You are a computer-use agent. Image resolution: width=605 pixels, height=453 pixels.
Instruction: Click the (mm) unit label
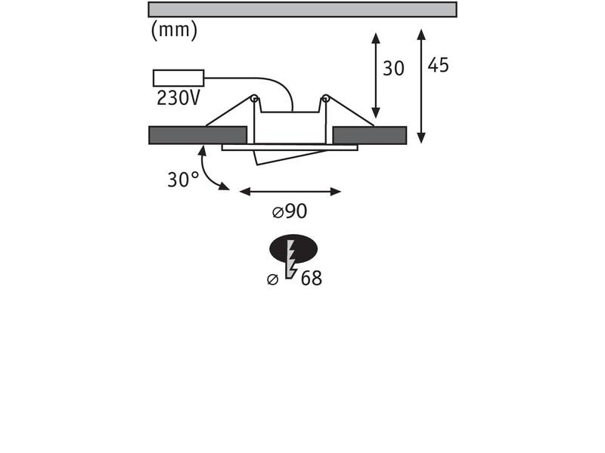coord(174,30)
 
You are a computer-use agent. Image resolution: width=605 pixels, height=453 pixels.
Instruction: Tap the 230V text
coord(178,98)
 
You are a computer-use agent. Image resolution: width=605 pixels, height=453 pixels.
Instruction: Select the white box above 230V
coord(178,79)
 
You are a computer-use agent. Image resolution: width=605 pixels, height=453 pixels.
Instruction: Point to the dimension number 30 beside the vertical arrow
coord(393,69)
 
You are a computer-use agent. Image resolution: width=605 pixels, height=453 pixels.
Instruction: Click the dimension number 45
coord(439,65)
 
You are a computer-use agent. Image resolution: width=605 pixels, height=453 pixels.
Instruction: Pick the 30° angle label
coord(183,180)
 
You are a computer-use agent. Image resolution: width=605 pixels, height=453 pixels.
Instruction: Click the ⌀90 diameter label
coord(290,211)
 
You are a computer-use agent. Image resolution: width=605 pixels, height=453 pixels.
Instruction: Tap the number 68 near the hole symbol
coord(312,278)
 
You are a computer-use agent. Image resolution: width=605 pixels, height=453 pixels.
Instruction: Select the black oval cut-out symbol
coord(293,248)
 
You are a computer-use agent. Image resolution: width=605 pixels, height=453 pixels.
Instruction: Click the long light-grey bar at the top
coord(302,10)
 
